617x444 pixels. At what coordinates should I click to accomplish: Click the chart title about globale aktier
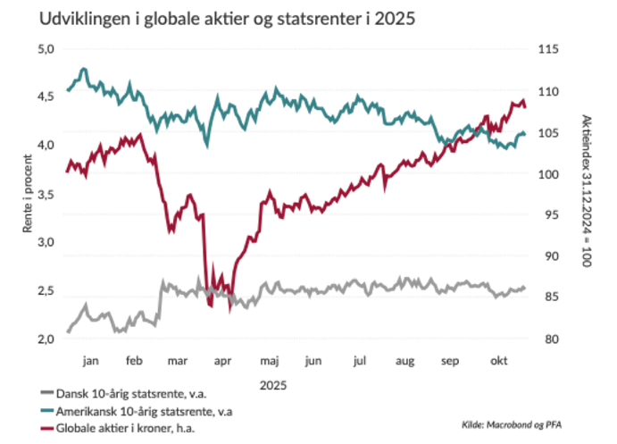(x=214, y=19)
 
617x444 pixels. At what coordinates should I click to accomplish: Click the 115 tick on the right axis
(x=546, y=49)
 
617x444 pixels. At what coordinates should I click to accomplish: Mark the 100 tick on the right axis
(x=546, y=173)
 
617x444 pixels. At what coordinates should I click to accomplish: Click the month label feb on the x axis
(x=134, y=361)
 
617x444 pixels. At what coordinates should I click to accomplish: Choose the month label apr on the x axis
(x=223, y=361)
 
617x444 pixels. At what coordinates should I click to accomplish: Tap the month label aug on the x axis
(x=405, y=361)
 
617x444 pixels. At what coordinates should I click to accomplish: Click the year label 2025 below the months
(x=273, y=386)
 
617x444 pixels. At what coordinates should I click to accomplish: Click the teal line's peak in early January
(x=84, y=68)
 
